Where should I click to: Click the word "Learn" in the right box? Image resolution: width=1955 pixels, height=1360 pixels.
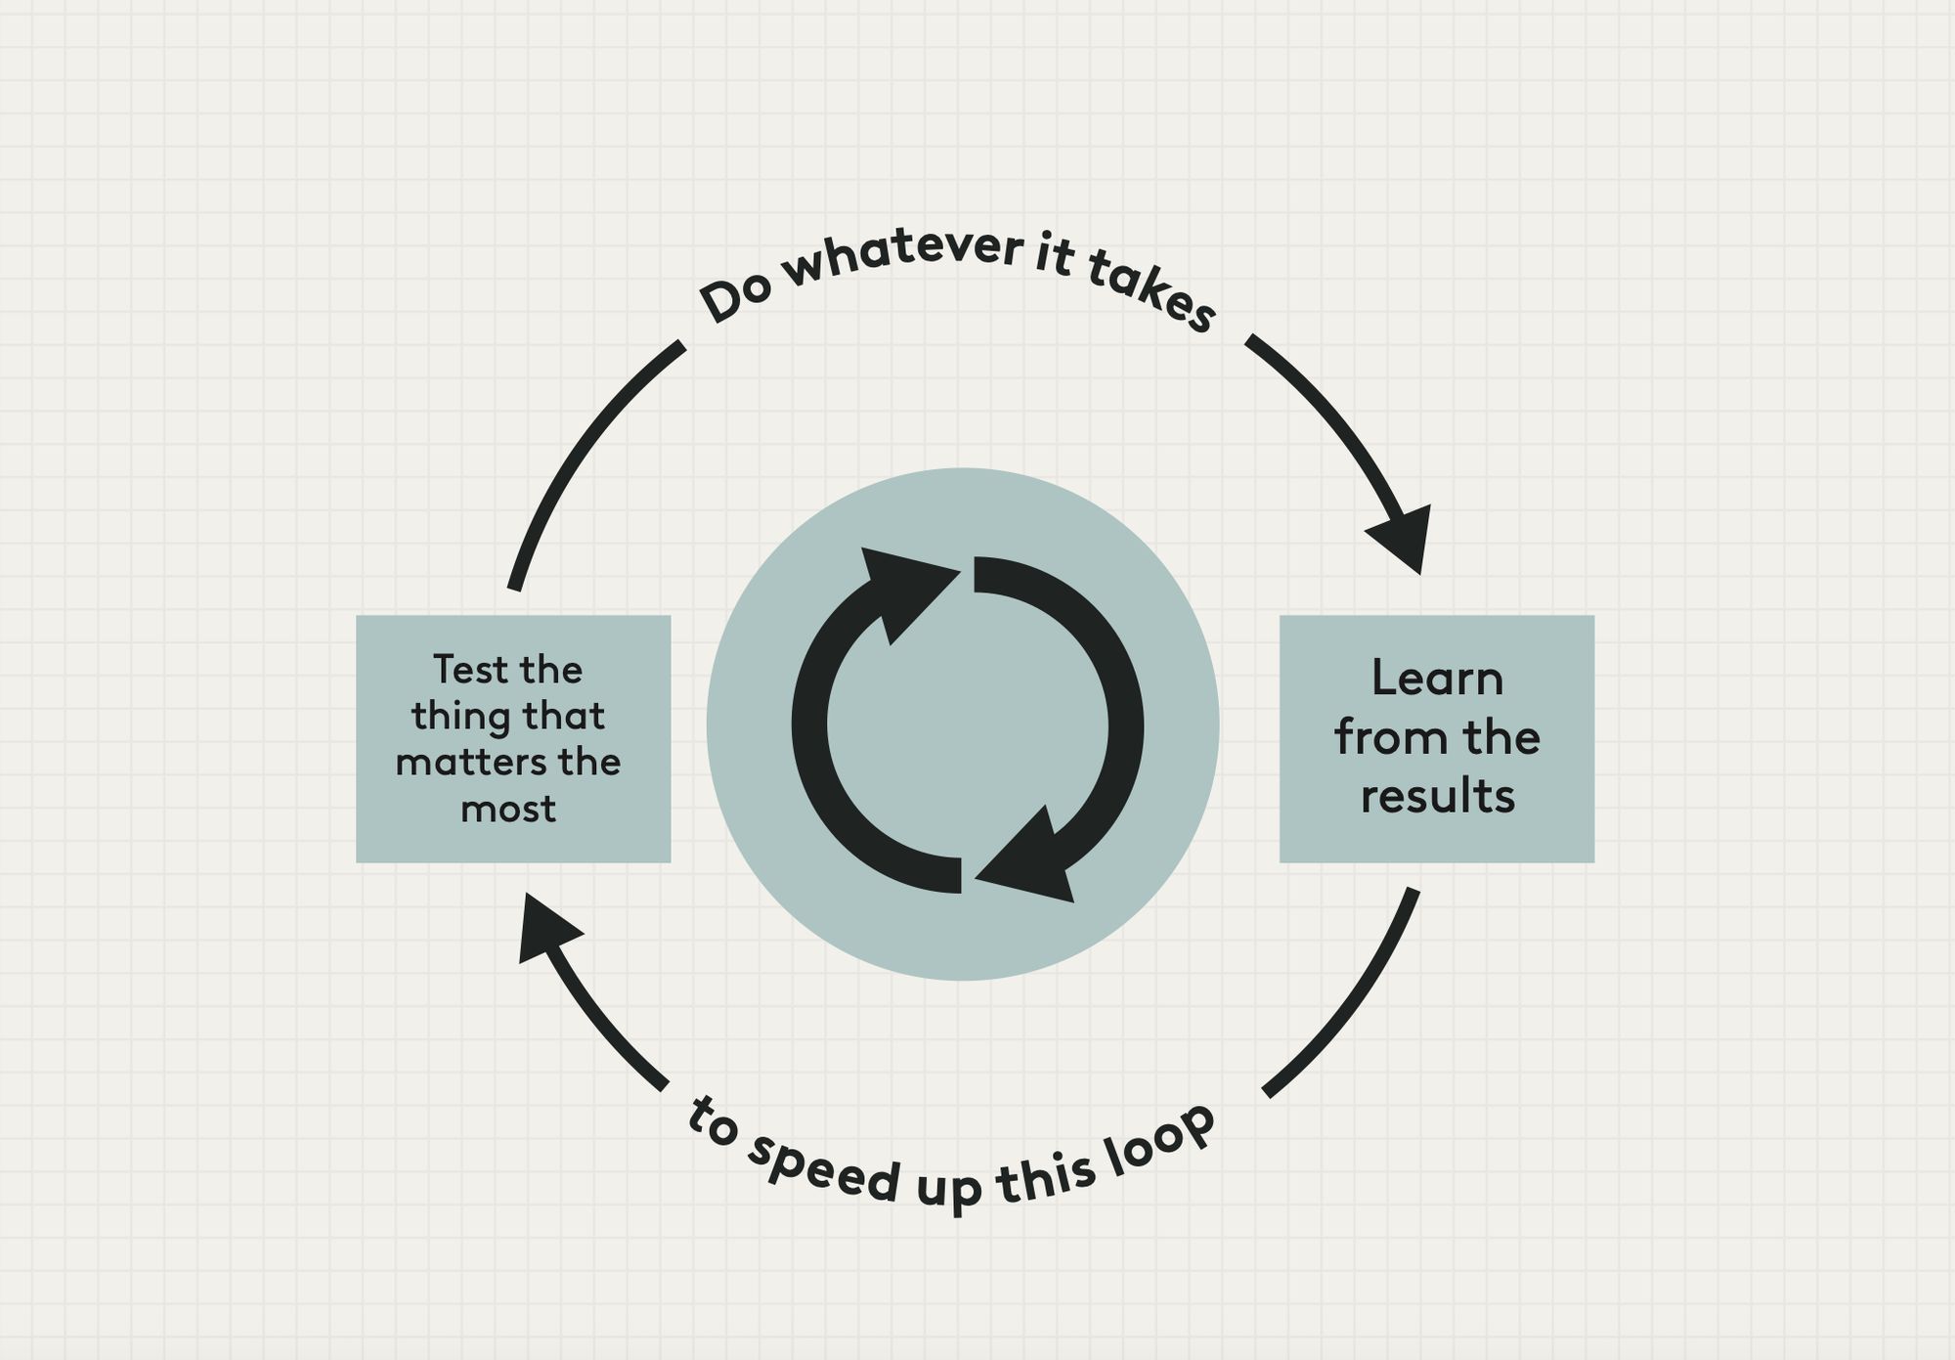(x=1436, y=679)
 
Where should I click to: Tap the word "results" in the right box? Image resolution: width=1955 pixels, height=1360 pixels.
(x=1437, y=796)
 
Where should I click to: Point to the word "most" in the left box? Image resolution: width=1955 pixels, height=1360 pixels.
(x=507, y=809)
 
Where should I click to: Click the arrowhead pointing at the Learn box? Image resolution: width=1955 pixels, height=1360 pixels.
(x=1405, y=538)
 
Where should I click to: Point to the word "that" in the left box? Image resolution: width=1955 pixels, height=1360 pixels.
(x=564, y=716)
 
